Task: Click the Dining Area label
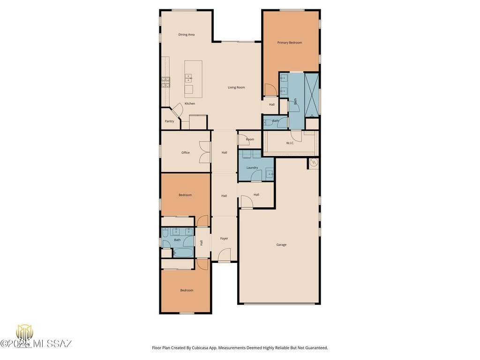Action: click(186, 35)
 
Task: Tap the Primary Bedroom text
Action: click(289, 43)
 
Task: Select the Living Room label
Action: click(236, 87)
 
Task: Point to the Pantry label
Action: click(169, 121)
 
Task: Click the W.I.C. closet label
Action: click(290, 143)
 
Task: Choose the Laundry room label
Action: click(252, 167)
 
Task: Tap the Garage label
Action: click(281, 245)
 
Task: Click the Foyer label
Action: click(224, 239)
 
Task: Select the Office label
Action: click(186, 152)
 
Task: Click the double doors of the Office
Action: click(205, 152)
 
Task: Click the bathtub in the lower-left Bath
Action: click(183, 252)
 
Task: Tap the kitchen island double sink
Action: click(188, 78)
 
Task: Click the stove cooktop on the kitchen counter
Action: click(165, 82)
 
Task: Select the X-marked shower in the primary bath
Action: click(312, 94)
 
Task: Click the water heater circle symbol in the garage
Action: click(314, 163)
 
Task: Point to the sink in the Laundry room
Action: click(270, 174)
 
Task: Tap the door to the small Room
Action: click(242, 139)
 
